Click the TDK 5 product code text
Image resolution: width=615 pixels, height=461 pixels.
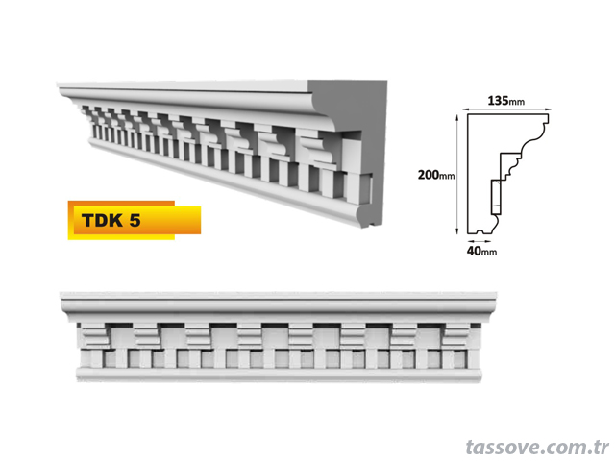click(x=111, y=220)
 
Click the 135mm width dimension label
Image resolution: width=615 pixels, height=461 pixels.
click(x=506, y=101)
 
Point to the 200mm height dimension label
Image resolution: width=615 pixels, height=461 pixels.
click(x=436, y=175)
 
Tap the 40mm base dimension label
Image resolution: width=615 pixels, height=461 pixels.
click(x=481, y=251)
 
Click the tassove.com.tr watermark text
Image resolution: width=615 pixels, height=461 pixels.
click(x=537, y=448)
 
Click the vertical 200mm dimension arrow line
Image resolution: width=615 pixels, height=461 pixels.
click(x=457, y=175)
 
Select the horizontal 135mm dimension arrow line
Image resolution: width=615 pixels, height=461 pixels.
click(x=506, y=109)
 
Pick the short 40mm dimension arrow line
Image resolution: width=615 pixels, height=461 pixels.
click(x=479, y=241)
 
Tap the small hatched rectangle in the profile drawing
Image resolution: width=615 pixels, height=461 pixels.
click(x=496, y=197)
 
